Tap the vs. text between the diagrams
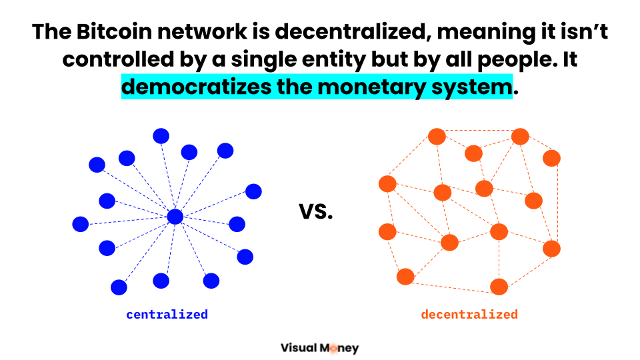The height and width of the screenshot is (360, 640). (315, 212)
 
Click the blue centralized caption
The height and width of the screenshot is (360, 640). (167, 314)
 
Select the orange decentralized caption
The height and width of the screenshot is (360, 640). (469, 314)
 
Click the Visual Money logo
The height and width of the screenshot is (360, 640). (319, 347)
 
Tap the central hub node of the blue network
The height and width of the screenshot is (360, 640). (175, 217)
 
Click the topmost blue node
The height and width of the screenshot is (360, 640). (161, 136)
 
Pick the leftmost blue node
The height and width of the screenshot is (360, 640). (81, 224)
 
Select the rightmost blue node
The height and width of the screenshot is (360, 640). (253, 191)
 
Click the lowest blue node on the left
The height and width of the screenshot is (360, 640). (119, 287)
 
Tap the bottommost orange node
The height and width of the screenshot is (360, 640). (499, 287)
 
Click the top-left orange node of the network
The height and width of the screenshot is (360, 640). (437, 137)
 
